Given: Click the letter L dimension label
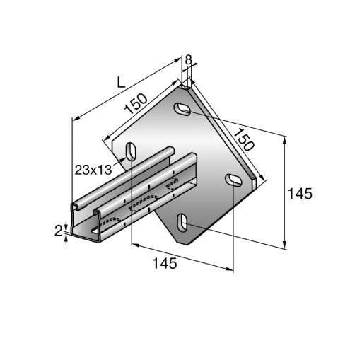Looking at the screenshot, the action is (x=121, y=83).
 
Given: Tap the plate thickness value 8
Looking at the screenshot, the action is (x=189, y=60).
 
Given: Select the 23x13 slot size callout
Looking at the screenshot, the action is (x=93, y=170).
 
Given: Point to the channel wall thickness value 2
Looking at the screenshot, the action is (x=58, y=231).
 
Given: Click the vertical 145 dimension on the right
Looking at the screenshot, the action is (x=300, y=194).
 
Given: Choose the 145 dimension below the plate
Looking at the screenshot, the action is (x=165, y=263).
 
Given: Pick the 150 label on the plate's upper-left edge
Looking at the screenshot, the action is (x=136, y=103).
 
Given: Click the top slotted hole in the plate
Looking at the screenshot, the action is (x=182, y=109).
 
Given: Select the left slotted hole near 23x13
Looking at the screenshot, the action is (x=131, y=151).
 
